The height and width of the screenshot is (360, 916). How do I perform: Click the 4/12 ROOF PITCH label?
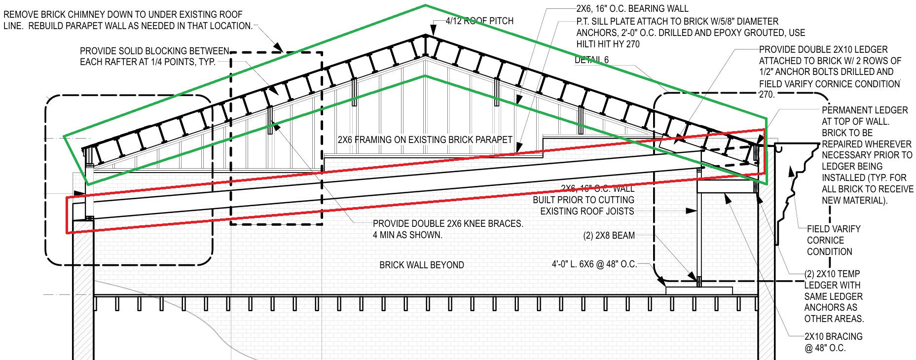[x=479, y=21]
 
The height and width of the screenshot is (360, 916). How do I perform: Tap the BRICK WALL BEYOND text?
[x=421, y=265]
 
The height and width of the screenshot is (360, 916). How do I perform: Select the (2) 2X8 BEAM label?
[x=609, y=236]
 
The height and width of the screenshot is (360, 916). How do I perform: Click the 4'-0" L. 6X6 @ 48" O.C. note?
[x=594, y=264]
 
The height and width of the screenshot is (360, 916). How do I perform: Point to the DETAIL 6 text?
[x=591, y=60]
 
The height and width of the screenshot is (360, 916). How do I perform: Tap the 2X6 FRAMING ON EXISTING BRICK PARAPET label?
[x=425, y=140]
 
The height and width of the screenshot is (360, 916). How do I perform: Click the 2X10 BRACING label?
[x=833, y=336]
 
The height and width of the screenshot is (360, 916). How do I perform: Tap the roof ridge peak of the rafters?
[x=425, y=35]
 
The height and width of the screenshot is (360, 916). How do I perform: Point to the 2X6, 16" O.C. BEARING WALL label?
[x=632, y=8]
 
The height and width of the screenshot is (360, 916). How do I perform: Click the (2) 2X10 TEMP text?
[x=832, y=274]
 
